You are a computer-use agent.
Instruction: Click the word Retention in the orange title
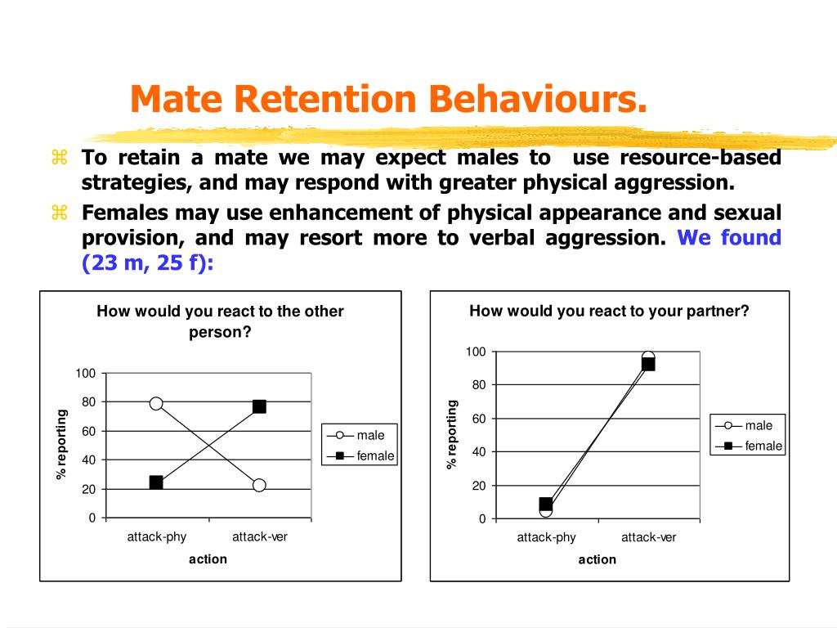point(325,99)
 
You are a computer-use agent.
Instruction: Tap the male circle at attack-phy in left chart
point(156,403)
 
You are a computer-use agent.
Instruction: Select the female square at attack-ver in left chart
point(259,407)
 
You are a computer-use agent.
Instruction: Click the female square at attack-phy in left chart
point(156,482)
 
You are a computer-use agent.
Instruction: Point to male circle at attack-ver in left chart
point(259,485)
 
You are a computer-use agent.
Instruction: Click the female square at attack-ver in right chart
point(648,364)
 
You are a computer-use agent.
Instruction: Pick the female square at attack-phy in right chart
point(545,504)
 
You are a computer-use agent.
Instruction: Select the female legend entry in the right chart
point(750,446)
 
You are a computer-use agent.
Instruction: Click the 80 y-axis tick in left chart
point(88,401)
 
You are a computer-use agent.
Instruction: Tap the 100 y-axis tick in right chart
point(476,352)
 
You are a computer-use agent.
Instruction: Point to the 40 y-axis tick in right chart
point(479,451)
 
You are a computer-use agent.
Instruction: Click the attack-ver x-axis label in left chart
point(260,536)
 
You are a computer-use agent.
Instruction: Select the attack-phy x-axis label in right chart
point(546,537)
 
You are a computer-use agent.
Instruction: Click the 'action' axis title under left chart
point(208,559)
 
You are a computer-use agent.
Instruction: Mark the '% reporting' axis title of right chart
point(451,435)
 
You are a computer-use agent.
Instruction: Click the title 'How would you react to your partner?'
point(609,311)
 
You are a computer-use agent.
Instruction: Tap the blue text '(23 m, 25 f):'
point(148,262)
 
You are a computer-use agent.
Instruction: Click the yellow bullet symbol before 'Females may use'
point(59,213)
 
